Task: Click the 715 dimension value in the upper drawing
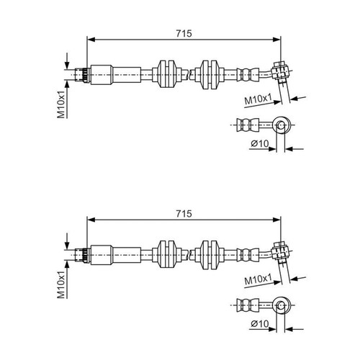pos(184,34)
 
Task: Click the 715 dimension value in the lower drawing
pos(184,214)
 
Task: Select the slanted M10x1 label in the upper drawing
pos(258,99)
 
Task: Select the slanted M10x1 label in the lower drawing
pos(258,279)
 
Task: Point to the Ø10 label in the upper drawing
pos(260,143)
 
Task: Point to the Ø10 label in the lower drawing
pos(260,324)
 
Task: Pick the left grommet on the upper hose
pos(167,74)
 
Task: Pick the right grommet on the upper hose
pos(210,74)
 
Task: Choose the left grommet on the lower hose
pos(167,254)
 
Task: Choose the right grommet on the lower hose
pos(210,254)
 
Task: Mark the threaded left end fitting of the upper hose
pos(83,75)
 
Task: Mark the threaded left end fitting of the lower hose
pos(83,255)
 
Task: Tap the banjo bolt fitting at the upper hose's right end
pos(280,73)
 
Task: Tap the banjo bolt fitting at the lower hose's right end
pos(280,253)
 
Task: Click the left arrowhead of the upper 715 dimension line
pos(91,40)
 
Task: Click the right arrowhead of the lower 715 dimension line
pos(276,220)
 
